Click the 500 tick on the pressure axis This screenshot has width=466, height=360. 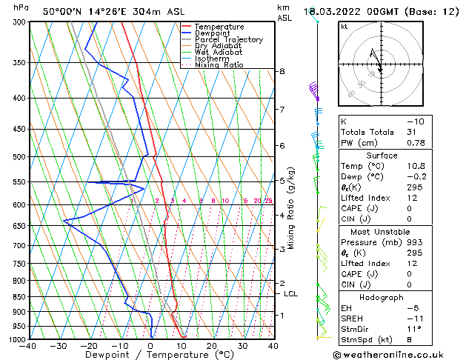point(20,157)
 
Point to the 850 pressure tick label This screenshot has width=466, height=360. point(20,297)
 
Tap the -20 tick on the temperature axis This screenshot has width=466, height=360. point(89,346)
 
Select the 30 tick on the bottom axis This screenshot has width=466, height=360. point(242,346)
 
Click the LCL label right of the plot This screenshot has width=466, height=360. point(291,294)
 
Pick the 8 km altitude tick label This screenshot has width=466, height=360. point(282,71)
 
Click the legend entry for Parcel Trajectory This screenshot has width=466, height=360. point(228,39)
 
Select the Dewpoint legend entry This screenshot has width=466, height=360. point(213,33)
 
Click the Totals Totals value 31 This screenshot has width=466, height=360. point(412,133)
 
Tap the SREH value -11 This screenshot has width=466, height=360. point(414,319)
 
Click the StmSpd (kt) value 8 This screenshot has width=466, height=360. point(409,340)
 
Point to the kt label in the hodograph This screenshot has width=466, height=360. point(344,26)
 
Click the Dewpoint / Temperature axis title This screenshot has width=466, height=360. point(150,356)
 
